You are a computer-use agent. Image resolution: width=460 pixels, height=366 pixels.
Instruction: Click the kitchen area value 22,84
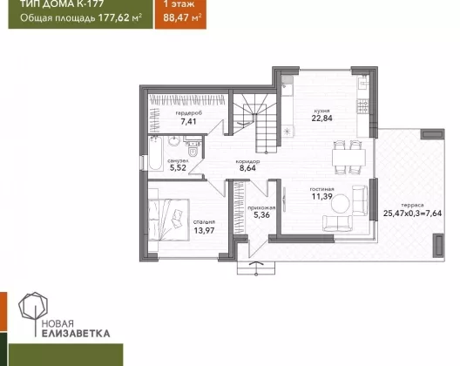click(x=321, y=118)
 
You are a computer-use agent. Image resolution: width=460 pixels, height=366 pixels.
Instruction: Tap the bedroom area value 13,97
click(x=204, y=230)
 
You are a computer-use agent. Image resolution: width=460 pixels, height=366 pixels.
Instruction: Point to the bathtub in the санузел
click(x=155, y=153)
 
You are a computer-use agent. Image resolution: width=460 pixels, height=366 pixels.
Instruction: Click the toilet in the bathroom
click(x=193, y=149)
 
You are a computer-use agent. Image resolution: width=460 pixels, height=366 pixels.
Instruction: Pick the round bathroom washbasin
click(x=175, y=141)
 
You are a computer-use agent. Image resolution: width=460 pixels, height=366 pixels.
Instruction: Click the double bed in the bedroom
click(x=169, y=220)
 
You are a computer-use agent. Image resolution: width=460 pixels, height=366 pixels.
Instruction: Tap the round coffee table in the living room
click(x=341, y=204)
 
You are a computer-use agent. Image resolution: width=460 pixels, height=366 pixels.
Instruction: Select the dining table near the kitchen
click(x=348, y=158)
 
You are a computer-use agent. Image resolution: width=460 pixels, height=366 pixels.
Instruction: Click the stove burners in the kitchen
click(x=362, y=106)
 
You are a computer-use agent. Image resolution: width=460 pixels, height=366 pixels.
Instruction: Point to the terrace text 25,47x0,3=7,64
click(x=412, y=213)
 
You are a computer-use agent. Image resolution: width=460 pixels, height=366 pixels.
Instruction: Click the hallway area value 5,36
click(x=261, y=215)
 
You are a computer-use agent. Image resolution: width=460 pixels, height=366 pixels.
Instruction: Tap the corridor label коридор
click(x=247, y=161)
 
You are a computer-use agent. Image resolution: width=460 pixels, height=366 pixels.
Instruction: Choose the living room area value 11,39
click(x=321, y=196)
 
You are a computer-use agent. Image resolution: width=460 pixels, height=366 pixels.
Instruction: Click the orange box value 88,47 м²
click(x=182, y=17)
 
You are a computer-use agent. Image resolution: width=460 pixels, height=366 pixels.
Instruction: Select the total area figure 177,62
click(x=114, y=17)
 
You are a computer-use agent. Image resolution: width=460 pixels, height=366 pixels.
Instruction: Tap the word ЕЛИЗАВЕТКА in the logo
click(x=76, y=334)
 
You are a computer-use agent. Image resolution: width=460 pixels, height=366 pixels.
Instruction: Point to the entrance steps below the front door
click(x=256, y=268)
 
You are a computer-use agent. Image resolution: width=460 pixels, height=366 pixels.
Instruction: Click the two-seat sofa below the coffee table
click(x=337, y=223)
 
